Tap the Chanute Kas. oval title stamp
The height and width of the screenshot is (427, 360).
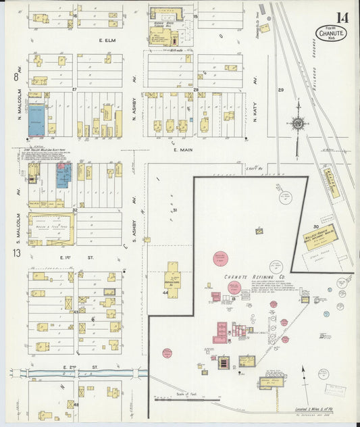click(330, 33)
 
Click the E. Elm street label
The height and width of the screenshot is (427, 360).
click(109, 41)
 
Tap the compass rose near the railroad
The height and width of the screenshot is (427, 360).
click(297, 123)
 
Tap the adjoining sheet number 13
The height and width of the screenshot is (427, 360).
click(16, 254)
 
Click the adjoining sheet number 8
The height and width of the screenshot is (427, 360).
click(14, 77)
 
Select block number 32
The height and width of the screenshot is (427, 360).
click(76, 211)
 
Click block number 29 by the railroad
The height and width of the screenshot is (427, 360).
click(280, 89)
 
